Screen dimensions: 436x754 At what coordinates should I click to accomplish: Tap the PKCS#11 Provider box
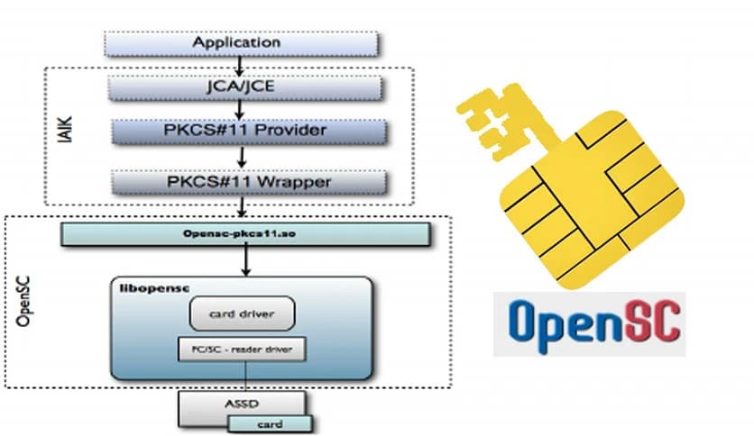point(244,132)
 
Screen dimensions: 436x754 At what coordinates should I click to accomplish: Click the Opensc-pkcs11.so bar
point(244,234)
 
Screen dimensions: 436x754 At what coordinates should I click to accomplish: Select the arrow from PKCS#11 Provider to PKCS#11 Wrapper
point(241,156)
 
